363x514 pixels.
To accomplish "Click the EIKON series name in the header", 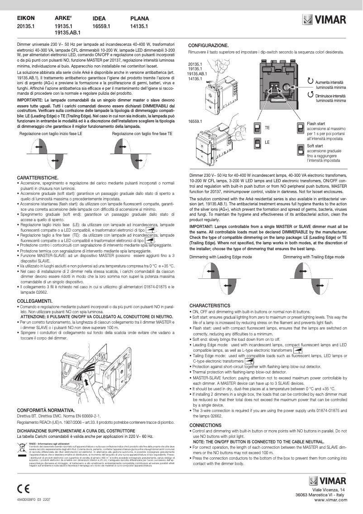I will point(26,19).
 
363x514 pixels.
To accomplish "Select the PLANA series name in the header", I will point(139,19).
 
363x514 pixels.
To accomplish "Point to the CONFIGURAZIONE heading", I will point(208,46).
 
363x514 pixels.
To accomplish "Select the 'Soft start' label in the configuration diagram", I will point(315,146).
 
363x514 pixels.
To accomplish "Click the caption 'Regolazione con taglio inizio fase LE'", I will point(51,134).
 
